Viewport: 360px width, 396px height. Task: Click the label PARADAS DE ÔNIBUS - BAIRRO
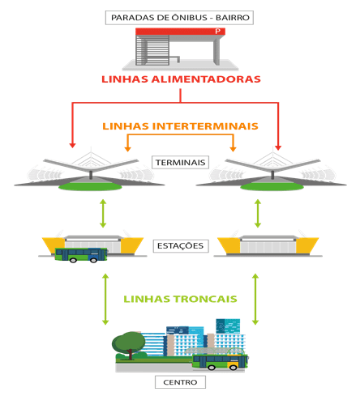(x=179, y=18)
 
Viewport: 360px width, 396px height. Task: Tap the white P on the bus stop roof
(x=218, y=32)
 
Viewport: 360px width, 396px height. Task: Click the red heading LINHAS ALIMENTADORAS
(x=181, y=79)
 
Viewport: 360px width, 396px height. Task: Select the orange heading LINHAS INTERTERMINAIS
(x=180, y=126)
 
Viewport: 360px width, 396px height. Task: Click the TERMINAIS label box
(x=180, y=162)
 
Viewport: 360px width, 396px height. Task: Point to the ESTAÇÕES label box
(x=181, y=245)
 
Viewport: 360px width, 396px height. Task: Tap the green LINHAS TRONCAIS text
(x=180, y=299)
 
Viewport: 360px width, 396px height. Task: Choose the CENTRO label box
(x=180, y=382)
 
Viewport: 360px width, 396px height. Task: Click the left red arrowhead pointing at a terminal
(x=72, y=145)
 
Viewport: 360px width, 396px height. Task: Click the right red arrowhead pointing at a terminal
(x=278, y=147)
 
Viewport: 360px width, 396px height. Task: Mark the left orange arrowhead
(x=127, y=149)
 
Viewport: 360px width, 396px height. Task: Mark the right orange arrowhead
(x=233, y=149)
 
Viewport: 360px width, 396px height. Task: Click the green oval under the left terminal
(x=90, y=186)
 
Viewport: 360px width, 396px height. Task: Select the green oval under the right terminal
(x=272, y=186)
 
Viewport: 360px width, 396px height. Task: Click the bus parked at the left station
(x=81, y=255)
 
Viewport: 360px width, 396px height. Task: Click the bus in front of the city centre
(x=221, y=362)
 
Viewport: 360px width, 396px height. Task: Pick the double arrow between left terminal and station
(x=103, y=213)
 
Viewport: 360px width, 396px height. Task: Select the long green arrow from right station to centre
(x=255, y=299)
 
